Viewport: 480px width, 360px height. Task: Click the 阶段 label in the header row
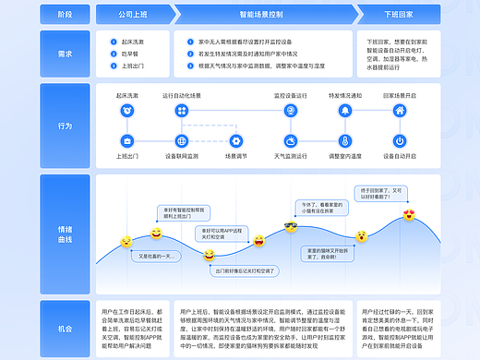[x=64, y=16]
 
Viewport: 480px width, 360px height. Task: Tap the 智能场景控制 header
[x=259, y=16]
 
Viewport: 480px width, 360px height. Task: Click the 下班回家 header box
[x=399, y=16]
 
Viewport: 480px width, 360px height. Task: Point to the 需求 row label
[x=64, y=53]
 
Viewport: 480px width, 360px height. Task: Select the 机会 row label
[x=64, y=328]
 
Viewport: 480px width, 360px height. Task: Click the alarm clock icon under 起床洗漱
[x=126, y=111]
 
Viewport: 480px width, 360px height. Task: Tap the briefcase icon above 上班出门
[x=126, y=141]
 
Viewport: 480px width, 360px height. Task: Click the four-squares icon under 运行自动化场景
[x=181, y=111]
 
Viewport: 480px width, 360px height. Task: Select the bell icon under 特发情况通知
[x=344, y=111]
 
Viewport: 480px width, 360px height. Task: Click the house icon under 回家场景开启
[x=400, y=111]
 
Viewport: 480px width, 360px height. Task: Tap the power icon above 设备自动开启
[x=400, y=141]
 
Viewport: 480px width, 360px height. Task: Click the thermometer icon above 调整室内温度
[x=344, y=141]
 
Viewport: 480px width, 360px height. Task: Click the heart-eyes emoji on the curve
[x=409, y=215]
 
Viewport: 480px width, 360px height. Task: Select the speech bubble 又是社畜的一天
[x=148, y=255]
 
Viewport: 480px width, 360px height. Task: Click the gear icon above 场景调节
[x=235, y=141]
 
